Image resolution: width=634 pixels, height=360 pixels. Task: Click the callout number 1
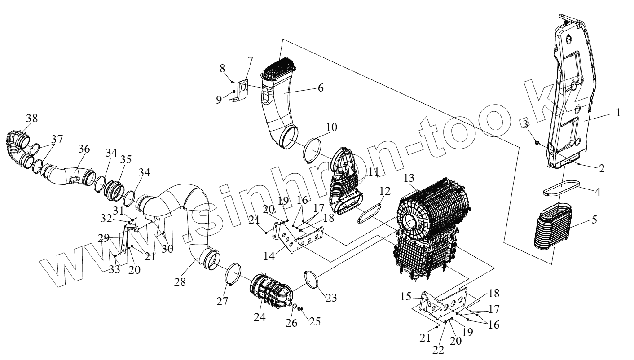coord(618,113)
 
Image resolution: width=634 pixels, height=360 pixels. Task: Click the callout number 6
coord(320,88)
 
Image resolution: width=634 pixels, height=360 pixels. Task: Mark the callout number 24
coord(260,317)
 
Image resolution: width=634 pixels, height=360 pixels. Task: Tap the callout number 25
coord(315,322)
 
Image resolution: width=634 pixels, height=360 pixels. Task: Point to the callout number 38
coord(32,119)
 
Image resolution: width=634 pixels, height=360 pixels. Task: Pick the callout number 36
coord(84,149)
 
